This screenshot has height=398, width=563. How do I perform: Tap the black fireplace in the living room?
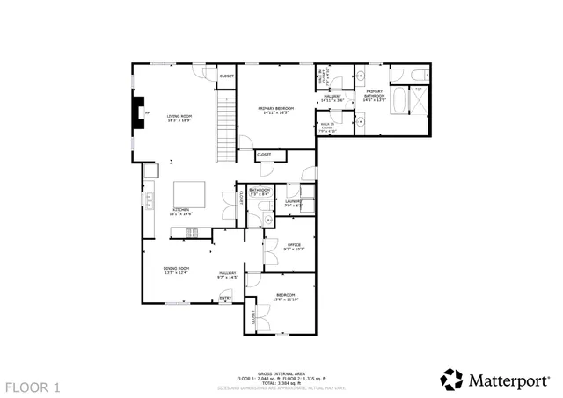pyautogui.click(x=137, y=112)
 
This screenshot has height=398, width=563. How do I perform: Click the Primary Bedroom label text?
pyautogui.click(x=275, y=110)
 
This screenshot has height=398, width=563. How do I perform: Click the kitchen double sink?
pyautogui.click(x=150, y=204)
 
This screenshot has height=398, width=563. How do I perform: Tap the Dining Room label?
pyautogui.click(x=176, y=269)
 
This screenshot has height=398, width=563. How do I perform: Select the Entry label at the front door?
pyautogui.click(x=225, y=298)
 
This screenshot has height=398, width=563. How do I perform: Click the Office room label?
pyautogui.click(x=294, y=245)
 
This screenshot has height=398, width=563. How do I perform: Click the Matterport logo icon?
pyautogui.click(x=451, y=379)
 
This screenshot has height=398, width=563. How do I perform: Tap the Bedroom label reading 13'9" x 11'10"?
pyautogui.click(x=287, y=296)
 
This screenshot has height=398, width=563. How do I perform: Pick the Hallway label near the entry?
pyautogui.click(x=228, y=274)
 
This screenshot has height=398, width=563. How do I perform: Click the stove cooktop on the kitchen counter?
pyautogui.click(x=191, y=232)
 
